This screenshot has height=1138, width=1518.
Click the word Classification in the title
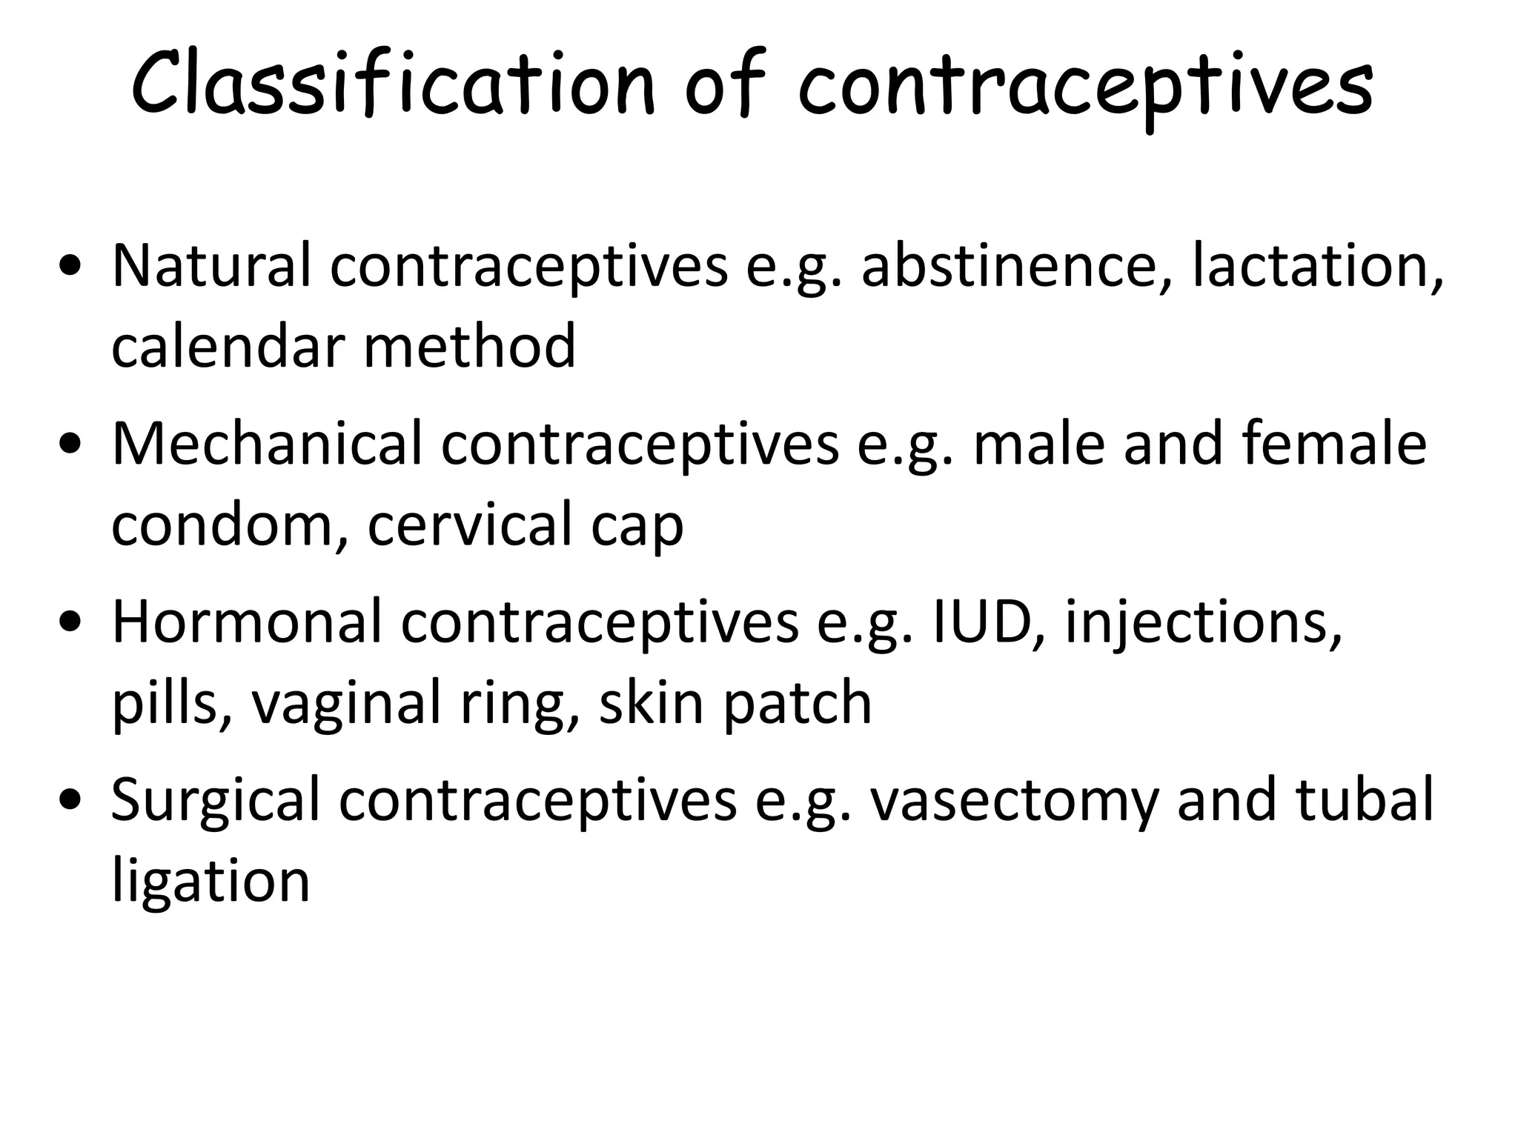[393, 83]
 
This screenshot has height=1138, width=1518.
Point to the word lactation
[1317, 267]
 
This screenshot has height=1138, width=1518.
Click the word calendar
[227, 347]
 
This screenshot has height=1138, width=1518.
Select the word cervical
[470, 525]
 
